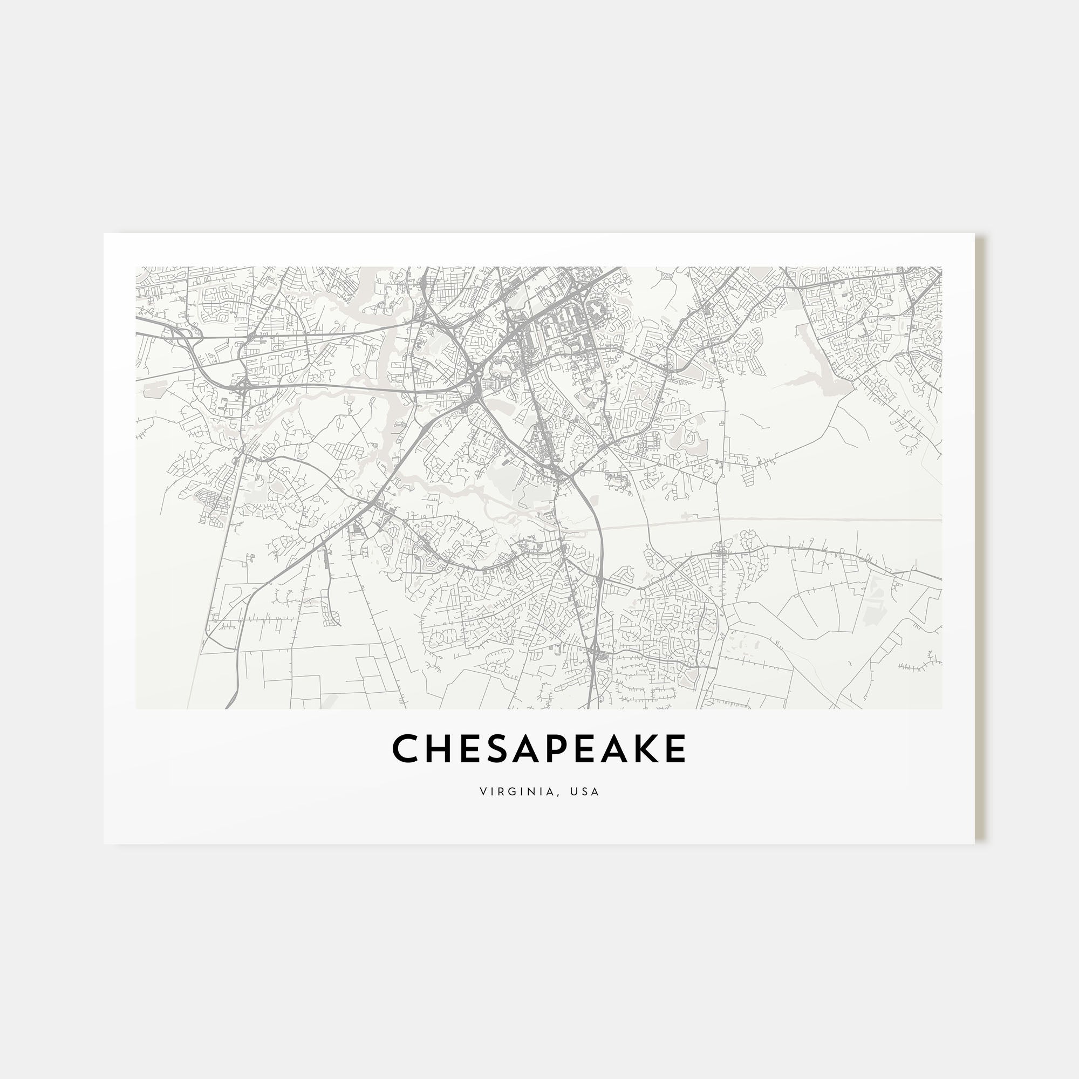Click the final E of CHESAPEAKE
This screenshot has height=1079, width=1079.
676,748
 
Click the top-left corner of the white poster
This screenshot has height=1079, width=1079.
105,234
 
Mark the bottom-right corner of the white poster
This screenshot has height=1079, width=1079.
974,843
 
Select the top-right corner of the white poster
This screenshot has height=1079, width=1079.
974,234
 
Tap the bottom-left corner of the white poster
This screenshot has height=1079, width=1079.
105,843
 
